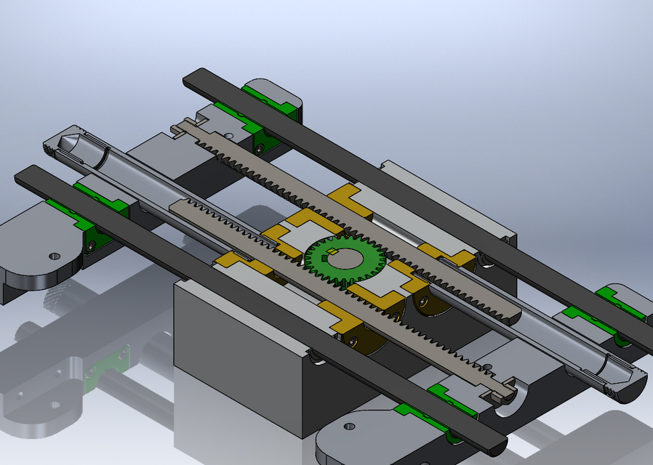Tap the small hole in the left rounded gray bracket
point(53,256)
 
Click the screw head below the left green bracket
point(91,247)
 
